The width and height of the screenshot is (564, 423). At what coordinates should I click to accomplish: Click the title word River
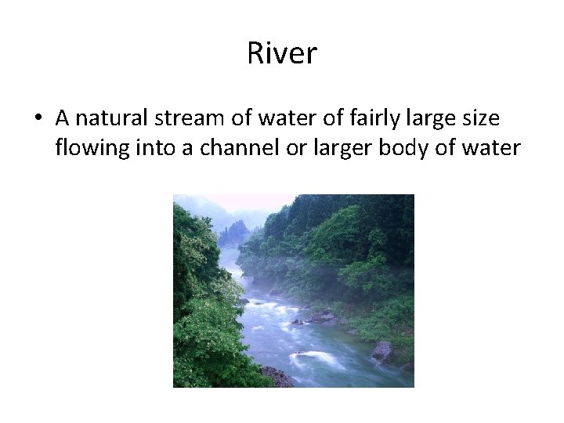pyautogui.click(x=282, y=53)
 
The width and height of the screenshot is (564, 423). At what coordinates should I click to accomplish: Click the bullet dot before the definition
pyautogui.click(x=38, y=119)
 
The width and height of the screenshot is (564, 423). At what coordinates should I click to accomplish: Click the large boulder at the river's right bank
pyautogui.click(x=383, y=351)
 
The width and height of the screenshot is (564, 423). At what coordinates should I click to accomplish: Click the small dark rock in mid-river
pyautogui.click(x=297, y=321)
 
